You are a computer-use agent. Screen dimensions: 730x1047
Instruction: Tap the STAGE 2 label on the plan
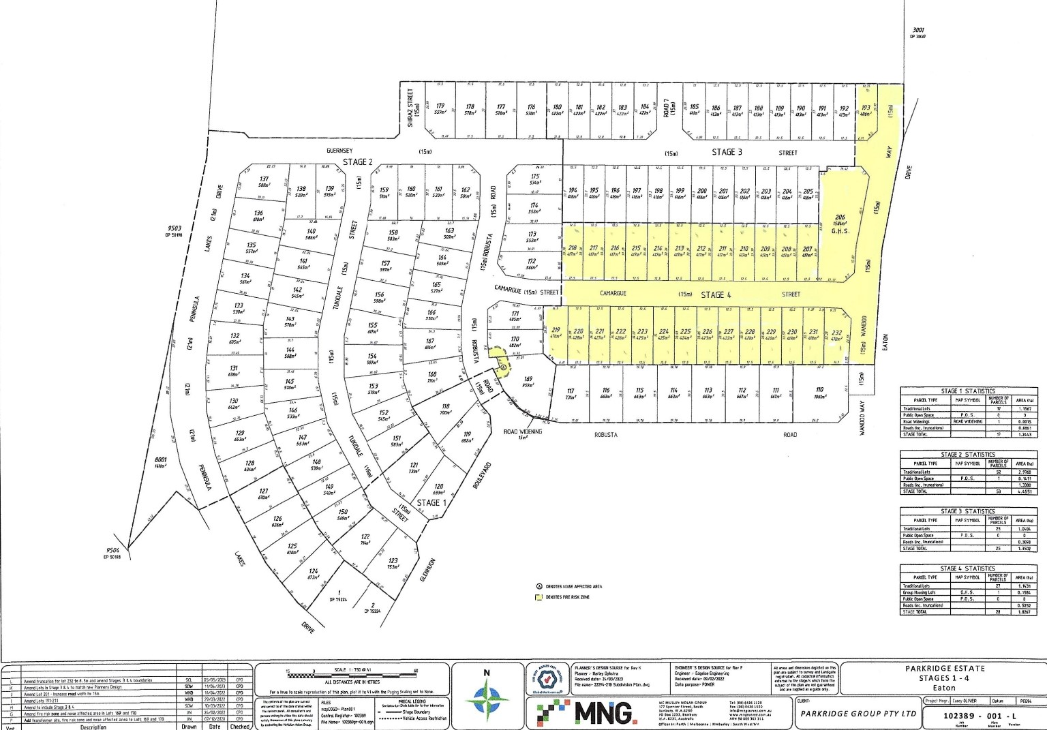click(358, 162)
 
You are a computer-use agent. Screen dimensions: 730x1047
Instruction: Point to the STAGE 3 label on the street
click(727, 152)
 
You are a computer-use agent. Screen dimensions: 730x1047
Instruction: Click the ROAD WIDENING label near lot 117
click(523, 432)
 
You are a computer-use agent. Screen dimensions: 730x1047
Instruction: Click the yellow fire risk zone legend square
click(538, 597)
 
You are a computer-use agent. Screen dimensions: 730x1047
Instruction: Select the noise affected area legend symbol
click(538, 585)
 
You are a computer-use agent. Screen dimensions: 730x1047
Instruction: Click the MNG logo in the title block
click(585, 713)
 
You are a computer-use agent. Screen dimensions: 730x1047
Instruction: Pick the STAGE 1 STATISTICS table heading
click(968, 391)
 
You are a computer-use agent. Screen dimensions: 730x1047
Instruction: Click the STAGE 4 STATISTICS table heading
click(968, 568)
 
